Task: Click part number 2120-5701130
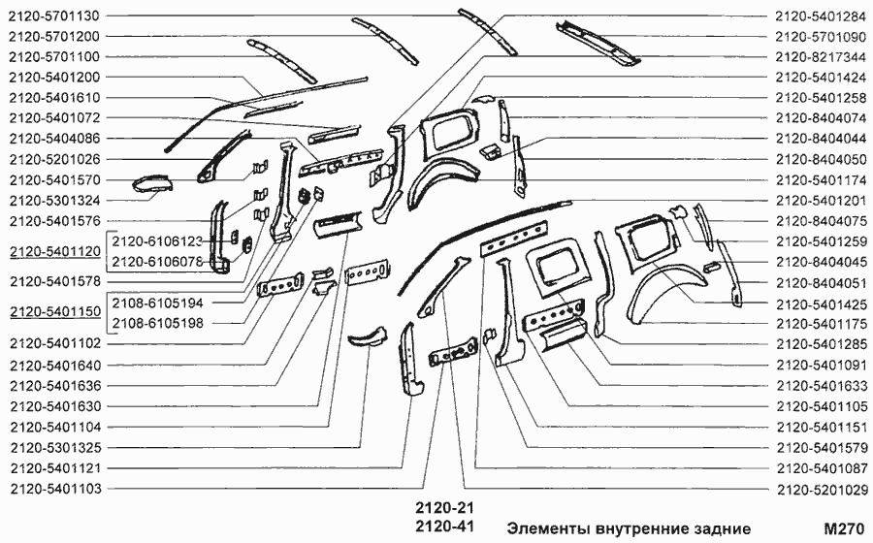point(53,16)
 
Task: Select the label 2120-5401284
point(820,16)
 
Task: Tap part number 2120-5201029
point(820,490)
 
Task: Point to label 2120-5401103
point(53,490)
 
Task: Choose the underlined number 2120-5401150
point(53,312)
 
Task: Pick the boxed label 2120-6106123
point(157,240)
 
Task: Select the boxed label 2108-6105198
point(157,322)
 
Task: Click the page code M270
point(842,528)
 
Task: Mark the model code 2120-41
point(442,527)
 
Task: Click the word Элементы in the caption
point(549,528)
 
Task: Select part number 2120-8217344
point(820,56)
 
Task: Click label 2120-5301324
point(53,200)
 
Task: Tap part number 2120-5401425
point(820,303)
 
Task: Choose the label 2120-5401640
point(53,366)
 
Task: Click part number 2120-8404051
point(820,282)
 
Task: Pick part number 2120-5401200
point(53,77)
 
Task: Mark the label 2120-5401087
point(820,468)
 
